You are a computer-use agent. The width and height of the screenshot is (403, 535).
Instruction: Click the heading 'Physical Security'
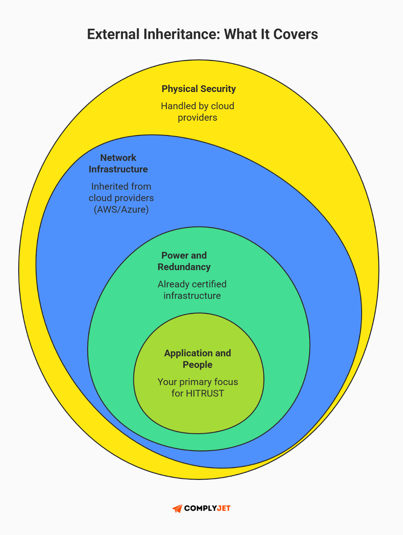pos(199,89)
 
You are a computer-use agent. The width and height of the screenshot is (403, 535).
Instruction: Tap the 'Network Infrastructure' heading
pos(118,164)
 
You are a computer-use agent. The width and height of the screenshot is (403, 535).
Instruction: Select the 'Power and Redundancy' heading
pos(184,261)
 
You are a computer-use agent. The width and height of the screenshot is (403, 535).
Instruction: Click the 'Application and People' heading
pos(198,359)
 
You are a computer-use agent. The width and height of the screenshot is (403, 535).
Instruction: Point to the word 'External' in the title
pos(113,34)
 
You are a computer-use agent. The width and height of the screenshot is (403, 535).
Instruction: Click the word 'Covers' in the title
pos(295,34)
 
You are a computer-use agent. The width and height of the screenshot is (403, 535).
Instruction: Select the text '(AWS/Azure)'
pos(121,210)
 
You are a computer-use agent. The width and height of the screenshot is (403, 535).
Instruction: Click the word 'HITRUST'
pos(205,394)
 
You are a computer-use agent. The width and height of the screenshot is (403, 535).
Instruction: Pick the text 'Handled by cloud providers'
pos(198,112)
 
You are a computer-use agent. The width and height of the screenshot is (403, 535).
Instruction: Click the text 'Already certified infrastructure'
pos(192,290)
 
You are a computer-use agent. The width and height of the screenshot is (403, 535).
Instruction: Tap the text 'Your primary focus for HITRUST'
pos(198,388)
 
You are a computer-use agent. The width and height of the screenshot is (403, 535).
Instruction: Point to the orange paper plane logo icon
pos(177,509)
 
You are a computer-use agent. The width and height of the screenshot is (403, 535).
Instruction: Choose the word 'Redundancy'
pos(184,267)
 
